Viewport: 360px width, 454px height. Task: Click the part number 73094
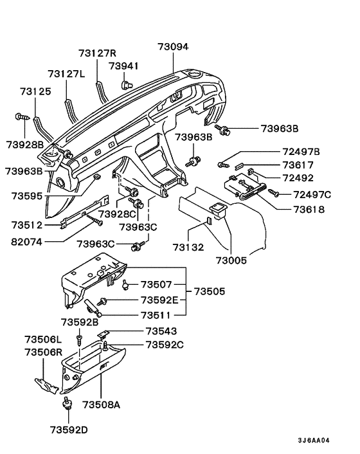click(174, 46)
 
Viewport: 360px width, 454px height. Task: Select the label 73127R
click(97, 53)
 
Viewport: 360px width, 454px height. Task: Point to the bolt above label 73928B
click(21, 117)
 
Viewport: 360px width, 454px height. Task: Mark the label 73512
click(28, 224)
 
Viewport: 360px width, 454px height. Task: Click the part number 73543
click(161, 331)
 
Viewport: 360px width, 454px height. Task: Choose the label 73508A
click(102, 404)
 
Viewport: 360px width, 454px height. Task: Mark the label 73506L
click(44, 339)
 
